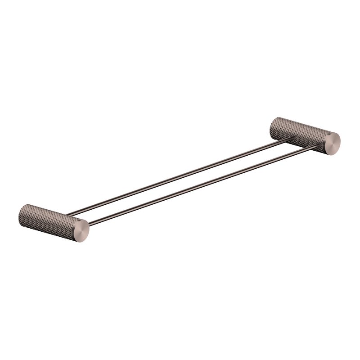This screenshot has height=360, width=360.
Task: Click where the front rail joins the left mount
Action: point(90,221)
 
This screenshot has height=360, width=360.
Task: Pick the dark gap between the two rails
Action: point(189,176)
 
